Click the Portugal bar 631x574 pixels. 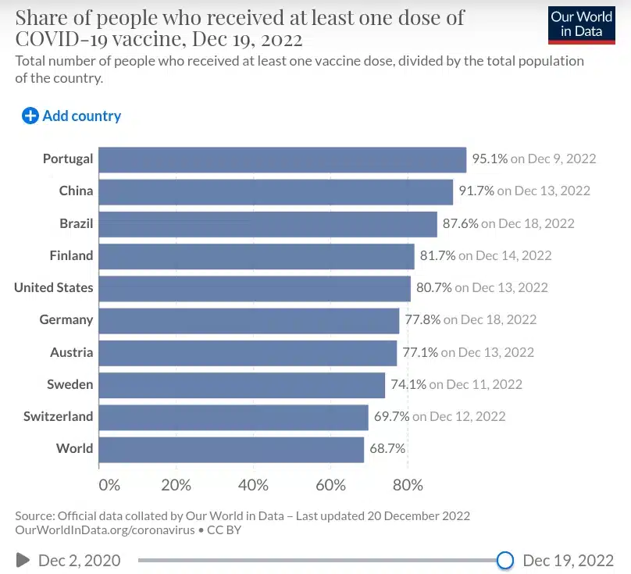(x=283, y=159)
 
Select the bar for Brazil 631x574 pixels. (x=268, y=223)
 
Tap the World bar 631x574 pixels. (x=231, y=449)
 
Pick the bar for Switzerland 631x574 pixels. (x=234, y=417)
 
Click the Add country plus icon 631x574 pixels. (x=30, y=116)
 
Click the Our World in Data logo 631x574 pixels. (x=581, y=24)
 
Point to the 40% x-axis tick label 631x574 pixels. (x=253, y=485)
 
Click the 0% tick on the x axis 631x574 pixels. (x=109, y=485)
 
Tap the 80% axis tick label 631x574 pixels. (x=407, y=485)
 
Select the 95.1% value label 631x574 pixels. (x=490, y=159)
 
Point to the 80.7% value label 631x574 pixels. (x=433, y=288)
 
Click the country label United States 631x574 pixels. (x=53, y=288)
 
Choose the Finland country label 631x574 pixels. (x=71, y=255)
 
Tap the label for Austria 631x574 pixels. (x=71, y=352)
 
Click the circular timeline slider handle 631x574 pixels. (x=505, y=560)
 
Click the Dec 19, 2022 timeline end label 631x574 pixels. (x=568, y=560)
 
